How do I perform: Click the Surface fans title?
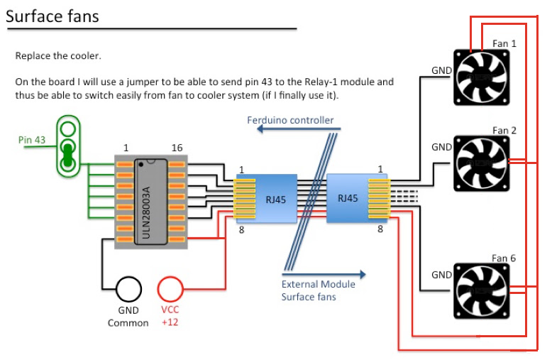click(x=53, y=15)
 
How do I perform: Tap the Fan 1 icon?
click(x=481, y=76)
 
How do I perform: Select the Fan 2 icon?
click(x=481, y=163)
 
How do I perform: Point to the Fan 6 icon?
click(x=481, y=291)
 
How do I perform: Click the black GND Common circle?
click(x=128, y=289)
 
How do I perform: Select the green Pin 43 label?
click(x=32, y=140)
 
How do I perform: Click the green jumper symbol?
click(x=68, y=146)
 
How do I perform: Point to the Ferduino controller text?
click(x=290, y=120)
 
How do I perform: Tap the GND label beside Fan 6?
click(x=441, y=274)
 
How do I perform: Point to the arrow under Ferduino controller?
click(x=298, y=129)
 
